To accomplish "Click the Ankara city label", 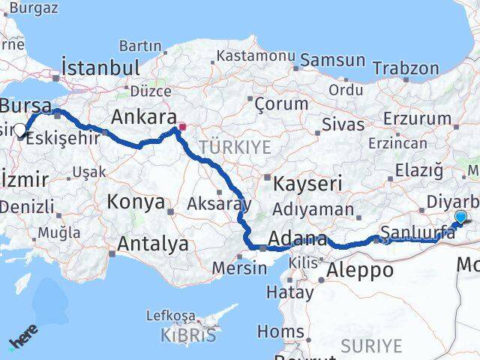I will point(143,117).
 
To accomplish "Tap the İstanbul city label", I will point(101,67).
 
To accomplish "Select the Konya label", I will point(136,202).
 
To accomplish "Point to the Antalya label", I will point(153,243).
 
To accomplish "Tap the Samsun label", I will point(333,58).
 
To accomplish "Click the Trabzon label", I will point(405,67).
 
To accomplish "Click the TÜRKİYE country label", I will point(234,148).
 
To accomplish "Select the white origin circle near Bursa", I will point(20,129).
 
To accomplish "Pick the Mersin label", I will point(239,268).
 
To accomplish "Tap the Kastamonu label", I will point(255,55).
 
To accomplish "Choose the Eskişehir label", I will point(69,139).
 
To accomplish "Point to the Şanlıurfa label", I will point(418,232).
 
